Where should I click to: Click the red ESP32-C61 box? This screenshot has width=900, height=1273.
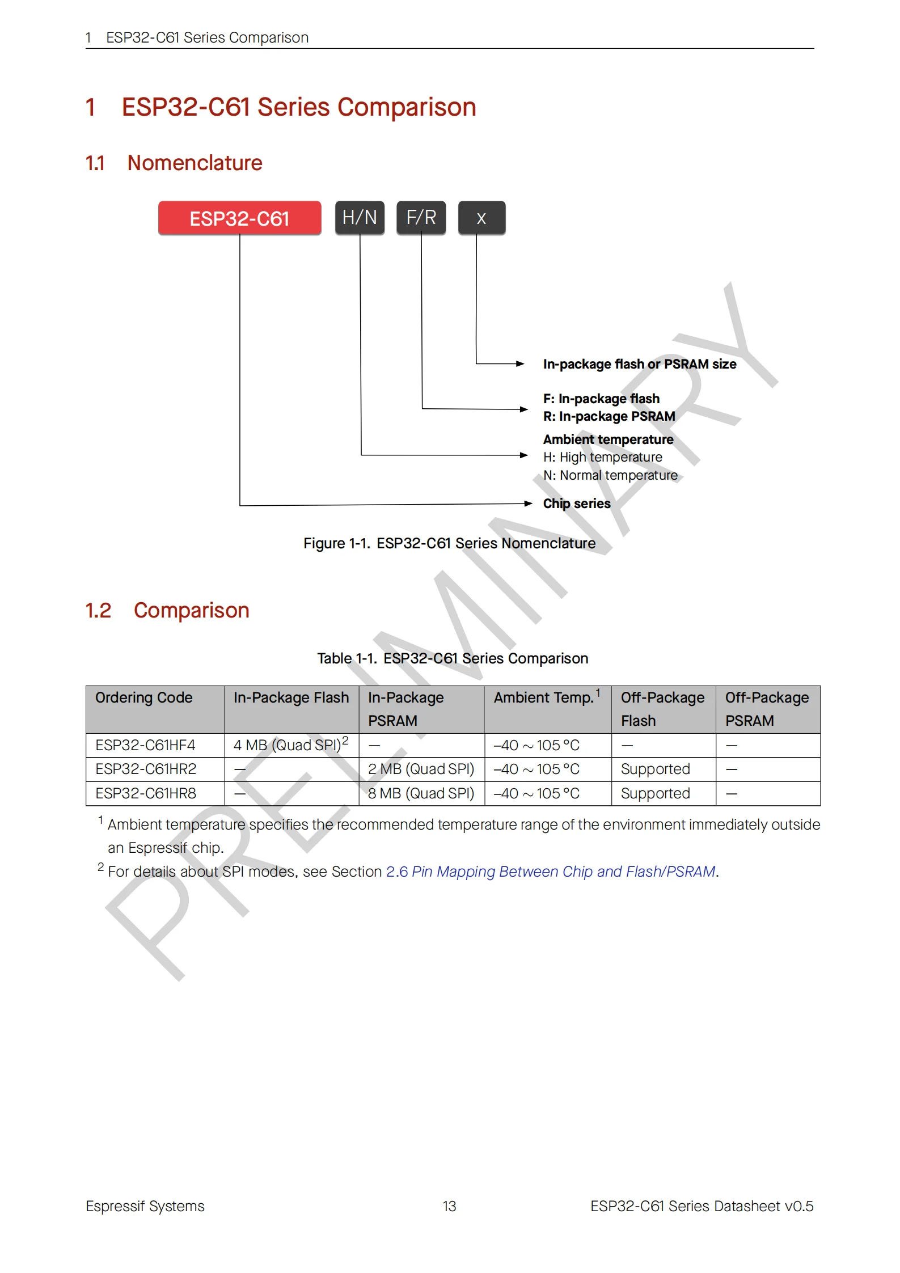pyautogui.click(x=239, y=218)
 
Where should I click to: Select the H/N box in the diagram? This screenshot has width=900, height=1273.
pyautogui.click(x=360, y=218)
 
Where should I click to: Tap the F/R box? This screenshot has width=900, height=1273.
pyautogui.click(x=421, y=218)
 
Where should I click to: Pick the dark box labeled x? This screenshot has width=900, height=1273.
pyautogui.click(x=481, y=218)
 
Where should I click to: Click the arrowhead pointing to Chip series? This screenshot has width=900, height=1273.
pyautogui.click(x=528, y=504)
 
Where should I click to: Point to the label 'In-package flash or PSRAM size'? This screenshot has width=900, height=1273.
pyautogui.click(x=639, y=364)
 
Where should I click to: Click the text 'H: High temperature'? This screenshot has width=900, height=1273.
pyautogui.click(x=602, y=457)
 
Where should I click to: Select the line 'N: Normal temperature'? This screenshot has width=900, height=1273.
pyautogui.click(x=610, y=475)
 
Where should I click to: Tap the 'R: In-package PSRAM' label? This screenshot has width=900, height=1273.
pyautogui.click(x=609, y=416)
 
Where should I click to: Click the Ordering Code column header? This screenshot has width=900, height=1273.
pyautogui.click(x=144, y=697)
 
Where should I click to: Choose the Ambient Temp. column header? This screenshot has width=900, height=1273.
pyautogui.click(x=543, y=697)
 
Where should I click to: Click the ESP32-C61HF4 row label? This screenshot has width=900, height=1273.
pyautogui.click(x=145, y=745)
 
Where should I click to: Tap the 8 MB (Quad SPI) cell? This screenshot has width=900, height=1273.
pyautogui.click(x=421, y=793)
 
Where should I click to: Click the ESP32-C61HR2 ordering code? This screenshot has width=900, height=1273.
pyautogui.click(x=146, y=769)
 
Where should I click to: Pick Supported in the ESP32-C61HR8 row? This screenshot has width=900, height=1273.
pyautogui.click(x=655, y=793)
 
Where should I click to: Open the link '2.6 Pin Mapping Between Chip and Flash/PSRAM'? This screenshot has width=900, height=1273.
pyautogui.click(x=551, y=872)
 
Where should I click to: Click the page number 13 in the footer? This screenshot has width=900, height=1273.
pyautogui.click(x=449, y=1206)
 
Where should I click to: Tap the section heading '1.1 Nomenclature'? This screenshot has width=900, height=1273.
pyautogui.click(x=174, y=163)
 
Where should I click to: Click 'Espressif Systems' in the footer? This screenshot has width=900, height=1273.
pyautogui.click(x=145, y=1206)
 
